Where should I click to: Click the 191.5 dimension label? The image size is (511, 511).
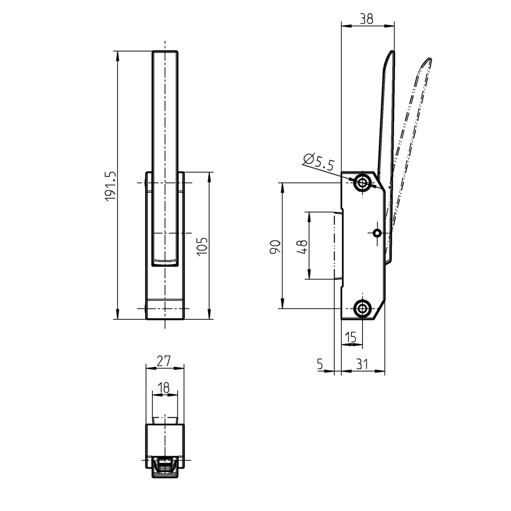110,186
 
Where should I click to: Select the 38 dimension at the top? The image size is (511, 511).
366,18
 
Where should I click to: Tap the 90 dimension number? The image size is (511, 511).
274,247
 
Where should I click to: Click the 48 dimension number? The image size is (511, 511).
301,247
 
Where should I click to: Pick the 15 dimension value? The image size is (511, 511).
351,338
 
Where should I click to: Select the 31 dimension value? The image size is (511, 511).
362,365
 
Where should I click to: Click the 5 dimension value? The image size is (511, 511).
320,365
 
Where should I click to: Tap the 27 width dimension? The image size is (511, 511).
164,360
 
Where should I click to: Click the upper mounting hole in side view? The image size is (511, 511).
363,183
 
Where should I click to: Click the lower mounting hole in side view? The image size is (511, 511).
363,308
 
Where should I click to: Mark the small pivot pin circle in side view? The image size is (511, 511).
377,233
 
